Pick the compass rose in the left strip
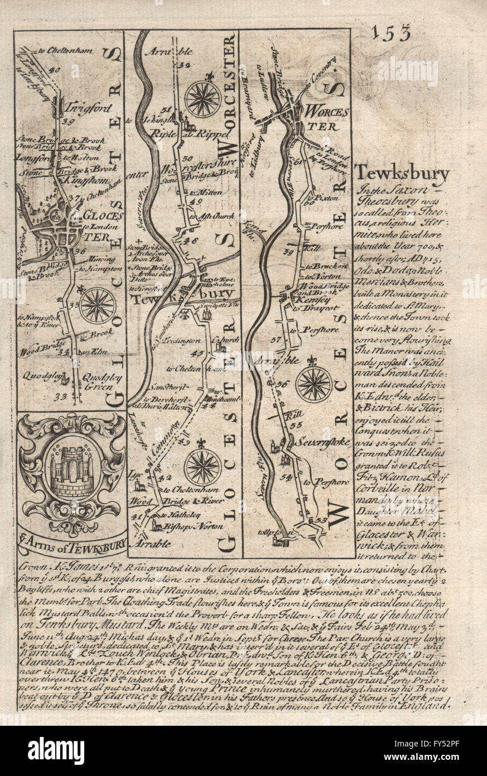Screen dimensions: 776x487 coord(97,305)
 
